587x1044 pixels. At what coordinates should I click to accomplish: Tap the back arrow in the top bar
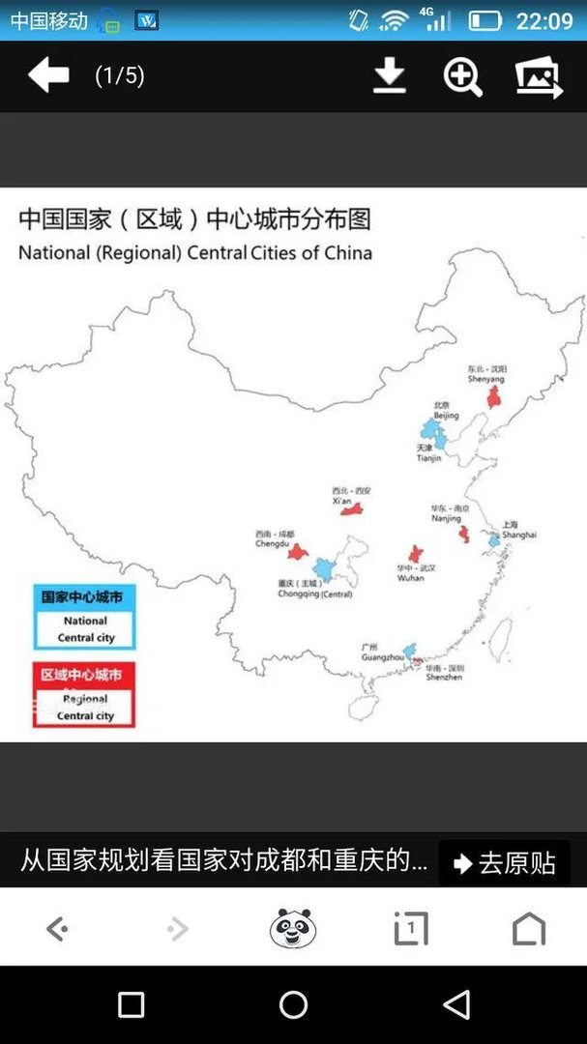[48, 75]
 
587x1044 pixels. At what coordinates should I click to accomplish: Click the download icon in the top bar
[390, 76]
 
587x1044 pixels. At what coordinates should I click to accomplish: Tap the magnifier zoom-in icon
[462, 76]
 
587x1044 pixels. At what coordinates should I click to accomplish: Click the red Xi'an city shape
[351, 508]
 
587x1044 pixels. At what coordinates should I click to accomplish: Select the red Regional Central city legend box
[84, 694]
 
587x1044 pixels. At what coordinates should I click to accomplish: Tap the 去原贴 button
[504, 862]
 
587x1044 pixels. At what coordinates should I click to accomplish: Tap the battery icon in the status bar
[484, 20]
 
